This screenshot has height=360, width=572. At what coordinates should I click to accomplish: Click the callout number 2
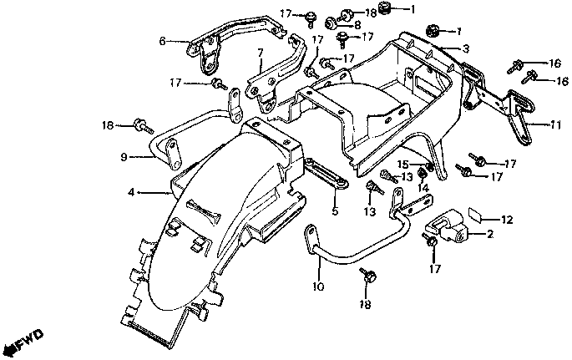pos(490,235)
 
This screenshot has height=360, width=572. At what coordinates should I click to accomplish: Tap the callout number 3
pos(466,48)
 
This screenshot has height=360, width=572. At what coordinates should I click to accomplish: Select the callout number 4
pos(131,193)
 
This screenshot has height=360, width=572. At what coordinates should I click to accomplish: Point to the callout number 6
pos(163,39)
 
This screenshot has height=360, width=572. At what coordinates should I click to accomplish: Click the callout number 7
pos(260,54)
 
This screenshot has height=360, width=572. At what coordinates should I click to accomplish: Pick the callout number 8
pos(357,25)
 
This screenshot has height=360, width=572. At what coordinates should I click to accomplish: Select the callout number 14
pos(423,188)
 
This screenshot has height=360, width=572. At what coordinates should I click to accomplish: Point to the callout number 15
pos(402,164)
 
